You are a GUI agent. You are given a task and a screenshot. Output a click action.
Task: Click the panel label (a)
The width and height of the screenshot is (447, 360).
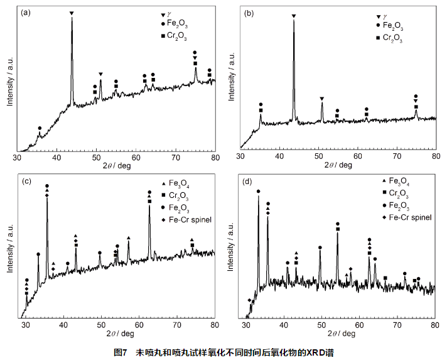point(26,13)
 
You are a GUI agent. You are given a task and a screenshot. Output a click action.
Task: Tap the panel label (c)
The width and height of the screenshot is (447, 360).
point(26,182)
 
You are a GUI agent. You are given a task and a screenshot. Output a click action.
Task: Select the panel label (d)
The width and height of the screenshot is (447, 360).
point(248,182)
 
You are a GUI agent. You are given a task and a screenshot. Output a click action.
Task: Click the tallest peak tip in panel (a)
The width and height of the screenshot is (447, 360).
point(72,18)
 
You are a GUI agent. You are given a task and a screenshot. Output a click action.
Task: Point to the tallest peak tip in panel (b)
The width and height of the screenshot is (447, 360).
point(293,21)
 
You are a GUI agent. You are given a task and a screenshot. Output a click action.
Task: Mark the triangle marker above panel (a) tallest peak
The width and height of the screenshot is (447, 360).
point(72,13)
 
